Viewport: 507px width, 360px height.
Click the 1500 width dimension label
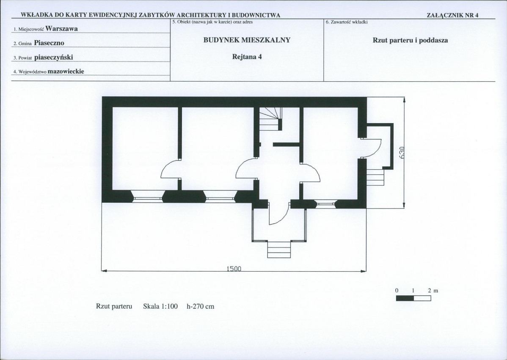click(x=234, y=269)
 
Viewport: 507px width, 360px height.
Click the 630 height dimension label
click(x=402, y=153)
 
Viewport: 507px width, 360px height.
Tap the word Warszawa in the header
click(x=61, y=28)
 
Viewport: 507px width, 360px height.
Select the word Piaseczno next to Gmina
click(x=49, y=43)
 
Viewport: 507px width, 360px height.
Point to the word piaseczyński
click(x=54, y=57)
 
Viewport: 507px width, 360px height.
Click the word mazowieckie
click(x=66, y=71)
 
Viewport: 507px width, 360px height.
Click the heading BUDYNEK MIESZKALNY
click(x=247, y=40)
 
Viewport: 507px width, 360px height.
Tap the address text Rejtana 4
click(x=247, y=57)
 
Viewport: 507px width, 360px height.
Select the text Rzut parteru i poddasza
click(x=411, y=40)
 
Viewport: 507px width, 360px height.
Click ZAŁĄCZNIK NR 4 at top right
click(x=452, y=15)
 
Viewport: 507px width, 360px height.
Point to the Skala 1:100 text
click(x=160, y=306)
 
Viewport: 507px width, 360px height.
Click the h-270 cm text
click(x=201, y=306)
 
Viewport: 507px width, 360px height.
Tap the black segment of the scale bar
click(x=405, y=298)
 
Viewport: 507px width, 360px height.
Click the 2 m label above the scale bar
click(x=433, y=291)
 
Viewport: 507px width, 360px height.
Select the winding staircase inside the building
click(x=270, y=118)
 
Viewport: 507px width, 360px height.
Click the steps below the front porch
click(x=279, y=250)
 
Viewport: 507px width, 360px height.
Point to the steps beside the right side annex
click(x=375, y=177)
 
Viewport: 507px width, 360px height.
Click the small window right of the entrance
click(x=325, y=204)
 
